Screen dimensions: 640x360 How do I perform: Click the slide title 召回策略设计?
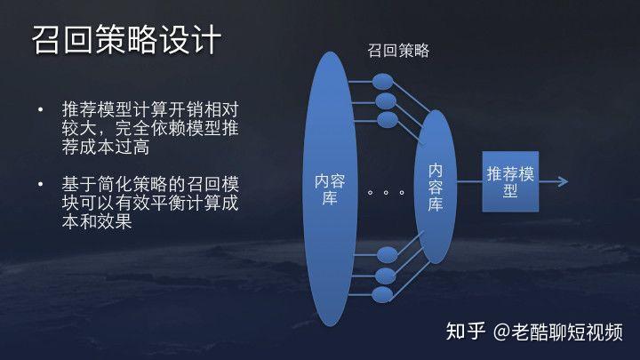[126, 40]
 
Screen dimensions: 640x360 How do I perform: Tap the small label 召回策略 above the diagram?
[398, 51]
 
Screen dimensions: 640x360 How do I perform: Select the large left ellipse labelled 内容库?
[330, 188]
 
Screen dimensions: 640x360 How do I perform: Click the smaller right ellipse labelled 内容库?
[435, 187]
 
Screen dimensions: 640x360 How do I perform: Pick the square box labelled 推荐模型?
[510, 181]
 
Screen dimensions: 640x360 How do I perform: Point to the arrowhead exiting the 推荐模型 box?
[564, 181]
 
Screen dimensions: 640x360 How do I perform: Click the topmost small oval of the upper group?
[382, 82]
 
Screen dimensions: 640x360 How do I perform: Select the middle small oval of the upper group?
[386, 101]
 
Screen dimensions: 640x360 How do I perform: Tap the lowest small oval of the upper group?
[388, 120]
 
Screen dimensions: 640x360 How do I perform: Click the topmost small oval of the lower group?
[388, 255]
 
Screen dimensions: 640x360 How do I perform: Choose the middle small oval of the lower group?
[385, 276]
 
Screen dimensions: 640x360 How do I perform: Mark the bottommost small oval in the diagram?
[382, 295]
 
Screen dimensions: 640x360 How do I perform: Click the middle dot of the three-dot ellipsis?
[386, 192]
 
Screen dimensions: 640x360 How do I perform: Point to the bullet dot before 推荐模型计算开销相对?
[40, 109]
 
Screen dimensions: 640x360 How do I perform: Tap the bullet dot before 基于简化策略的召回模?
[40, 185]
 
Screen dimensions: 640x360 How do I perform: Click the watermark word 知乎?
[465, 331]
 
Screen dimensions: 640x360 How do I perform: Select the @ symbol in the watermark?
[501, 332]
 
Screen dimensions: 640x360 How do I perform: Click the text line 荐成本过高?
[106, 147]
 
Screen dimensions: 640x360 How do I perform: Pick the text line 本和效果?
[97, 221]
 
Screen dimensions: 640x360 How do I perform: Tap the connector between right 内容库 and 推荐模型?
[469, 181]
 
